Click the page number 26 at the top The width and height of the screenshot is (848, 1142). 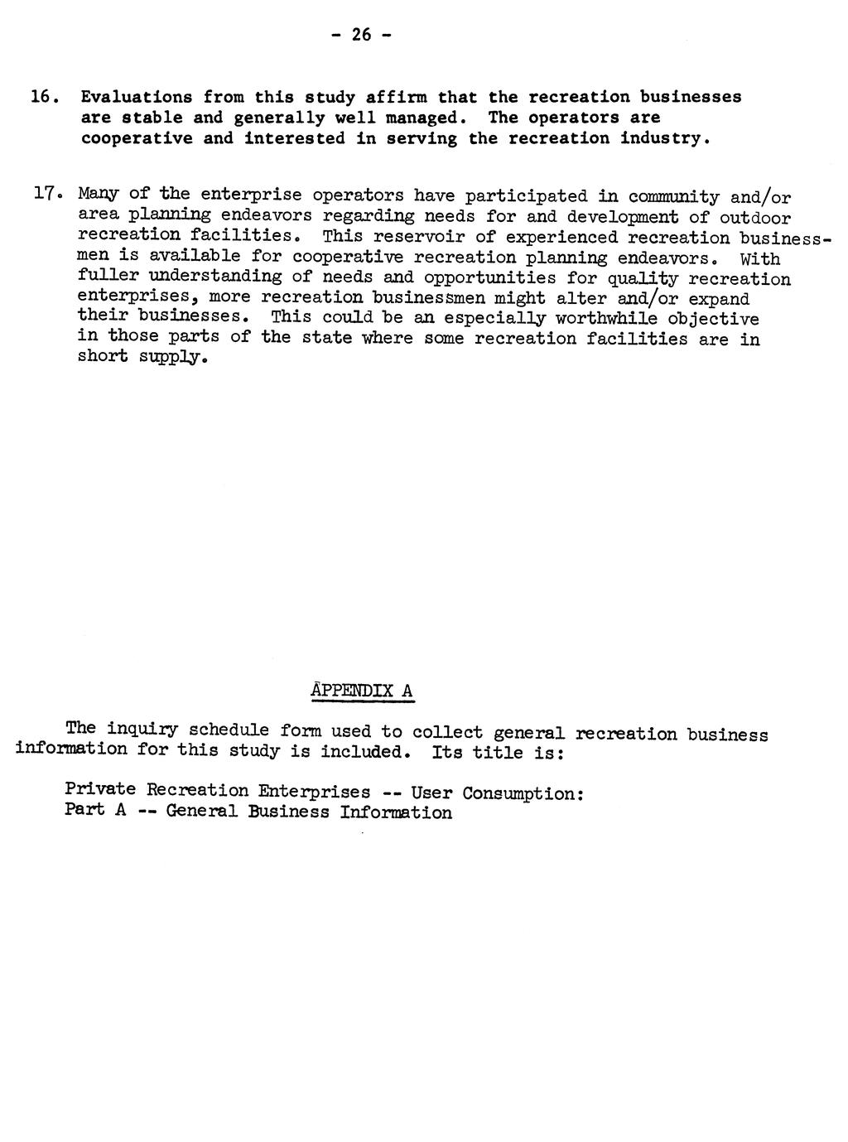tap(361, 34)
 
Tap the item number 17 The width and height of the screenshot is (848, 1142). tap(44, 195)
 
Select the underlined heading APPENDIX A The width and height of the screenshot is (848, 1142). tap(362, 691)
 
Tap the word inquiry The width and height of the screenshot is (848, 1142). tap(142, 730)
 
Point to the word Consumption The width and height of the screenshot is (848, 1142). tap(523, 793)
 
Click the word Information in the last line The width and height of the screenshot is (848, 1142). tap(396, 812)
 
